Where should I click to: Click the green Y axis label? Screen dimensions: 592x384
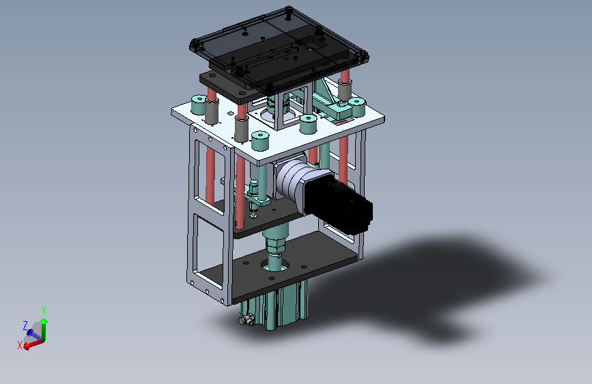pos(44,310)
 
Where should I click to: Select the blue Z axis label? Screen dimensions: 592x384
pos(25,325)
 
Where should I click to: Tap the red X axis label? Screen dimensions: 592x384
pos(20,344)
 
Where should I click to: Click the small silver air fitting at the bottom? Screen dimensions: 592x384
pos(246,320)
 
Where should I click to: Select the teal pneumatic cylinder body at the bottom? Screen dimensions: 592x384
pos(277,306)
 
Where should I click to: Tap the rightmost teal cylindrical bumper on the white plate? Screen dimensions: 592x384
pos(356,107)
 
